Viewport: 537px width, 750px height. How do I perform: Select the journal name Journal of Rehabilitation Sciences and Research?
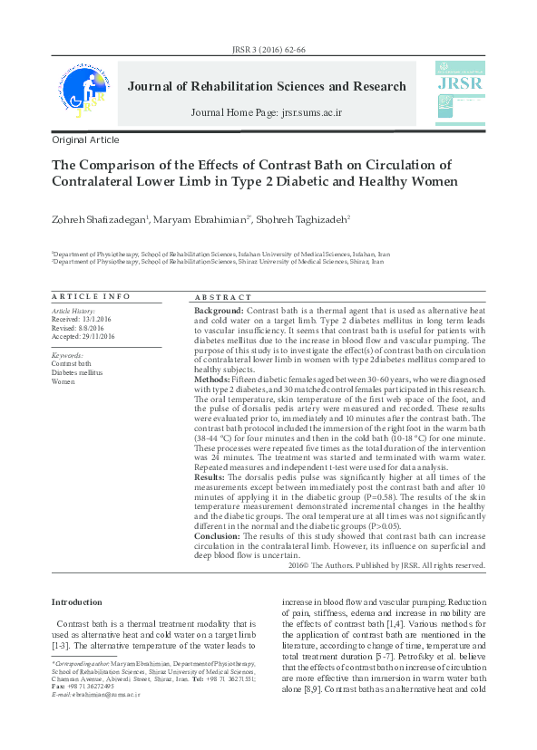267,87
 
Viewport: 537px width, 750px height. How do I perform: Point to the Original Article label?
85,140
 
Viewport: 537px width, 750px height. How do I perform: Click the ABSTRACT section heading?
223,297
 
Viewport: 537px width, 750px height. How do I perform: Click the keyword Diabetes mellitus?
77,372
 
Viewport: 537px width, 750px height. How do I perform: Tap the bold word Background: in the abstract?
219,311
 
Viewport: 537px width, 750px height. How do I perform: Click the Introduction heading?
77,602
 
